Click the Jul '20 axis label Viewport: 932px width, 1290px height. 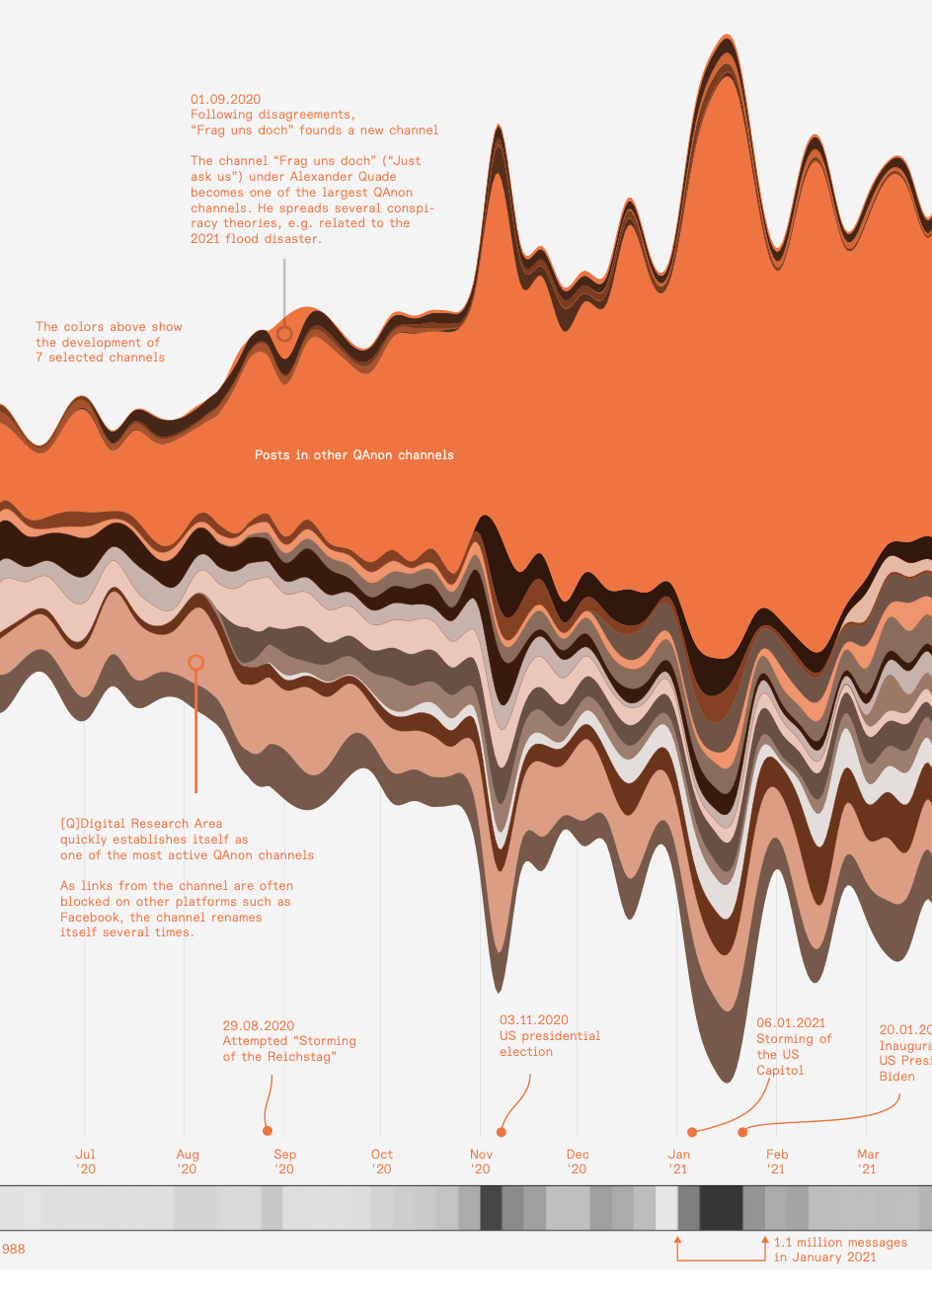click(x=86, y=1162)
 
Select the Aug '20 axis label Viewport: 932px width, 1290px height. click(x=187, y=1162)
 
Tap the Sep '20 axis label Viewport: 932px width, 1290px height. click(x=284, y=1162)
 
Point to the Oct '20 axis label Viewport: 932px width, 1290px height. click(x=381, y=1162)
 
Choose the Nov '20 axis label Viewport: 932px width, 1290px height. click(x=481, y=1162)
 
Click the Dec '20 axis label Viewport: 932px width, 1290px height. click(x=578, y=1162)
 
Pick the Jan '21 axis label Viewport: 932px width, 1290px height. click(x=678, y=1162)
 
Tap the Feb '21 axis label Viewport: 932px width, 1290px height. click(x=777, y=1162)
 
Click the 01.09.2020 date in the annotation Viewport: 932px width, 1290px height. click(x=226, y=100)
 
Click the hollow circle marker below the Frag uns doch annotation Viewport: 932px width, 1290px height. click(x=284, y=334)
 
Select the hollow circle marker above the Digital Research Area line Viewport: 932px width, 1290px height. click(x=195, y=663)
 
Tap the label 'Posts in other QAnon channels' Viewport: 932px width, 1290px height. click(x=354, y=455)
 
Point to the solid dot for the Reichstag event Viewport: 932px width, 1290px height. click(x=268, y=1130)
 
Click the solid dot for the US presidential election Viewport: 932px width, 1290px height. click(x=502, y=1132)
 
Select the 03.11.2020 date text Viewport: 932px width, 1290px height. click(x=534, y=1020)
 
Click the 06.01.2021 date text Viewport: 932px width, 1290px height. click(x=791, y=1023)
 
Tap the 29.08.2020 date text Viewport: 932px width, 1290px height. click(x=259, y=1026)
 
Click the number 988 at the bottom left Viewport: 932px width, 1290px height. click(x=14, y=1250)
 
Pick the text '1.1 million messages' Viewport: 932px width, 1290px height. click(x=840, y=1243)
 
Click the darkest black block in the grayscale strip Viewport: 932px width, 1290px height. click(x=722, y=1208)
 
